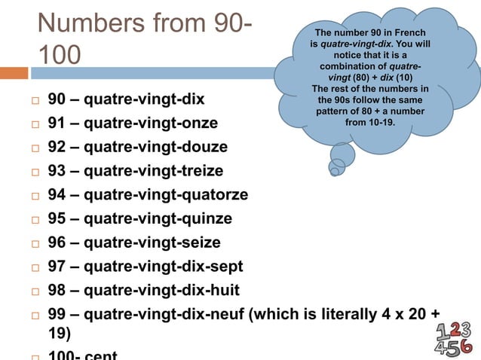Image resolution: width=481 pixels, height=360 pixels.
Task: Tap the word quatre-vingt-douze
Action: (155, 147)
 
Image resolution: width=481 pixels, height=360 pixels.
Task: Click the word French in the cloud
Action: (409, 33)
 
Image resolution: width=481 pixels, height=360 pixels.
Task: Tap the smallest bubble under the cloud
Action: (334, 171)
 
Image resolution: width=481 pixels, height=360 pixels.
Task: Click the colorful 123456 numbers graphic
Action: (455, 337)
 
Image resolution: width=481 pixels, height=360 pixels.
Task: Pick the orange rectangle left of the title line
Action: (14, 73)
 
